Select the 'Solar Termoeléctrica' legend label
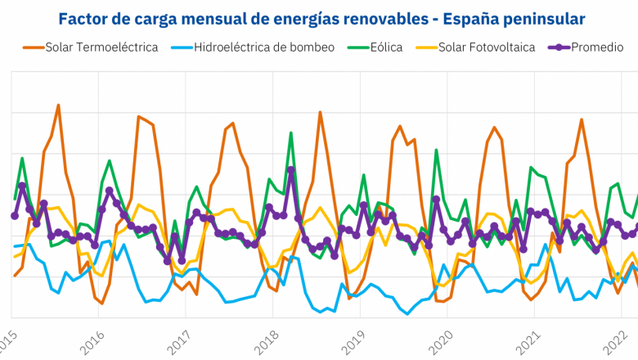pos(101,47)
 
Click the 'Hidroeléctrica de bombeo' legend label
pos(264,47)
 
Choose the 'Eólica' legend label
pos(386,47)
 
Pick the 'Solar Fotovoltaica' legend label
pos(487,47)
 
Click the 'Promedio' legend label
pos(597,47)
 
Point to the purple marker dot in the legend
pos(558,47)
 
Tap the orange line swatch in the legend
pos(33,47)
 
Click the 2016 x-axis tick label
pos(94,342)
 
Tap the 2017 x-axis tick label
pos(182,342)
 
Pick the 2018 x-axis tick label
pos(269,342)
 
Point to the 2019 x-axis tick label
pos(357,342)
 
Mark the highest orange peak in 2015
pos(58,106)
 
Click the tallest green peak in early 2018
pos(290,133)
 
